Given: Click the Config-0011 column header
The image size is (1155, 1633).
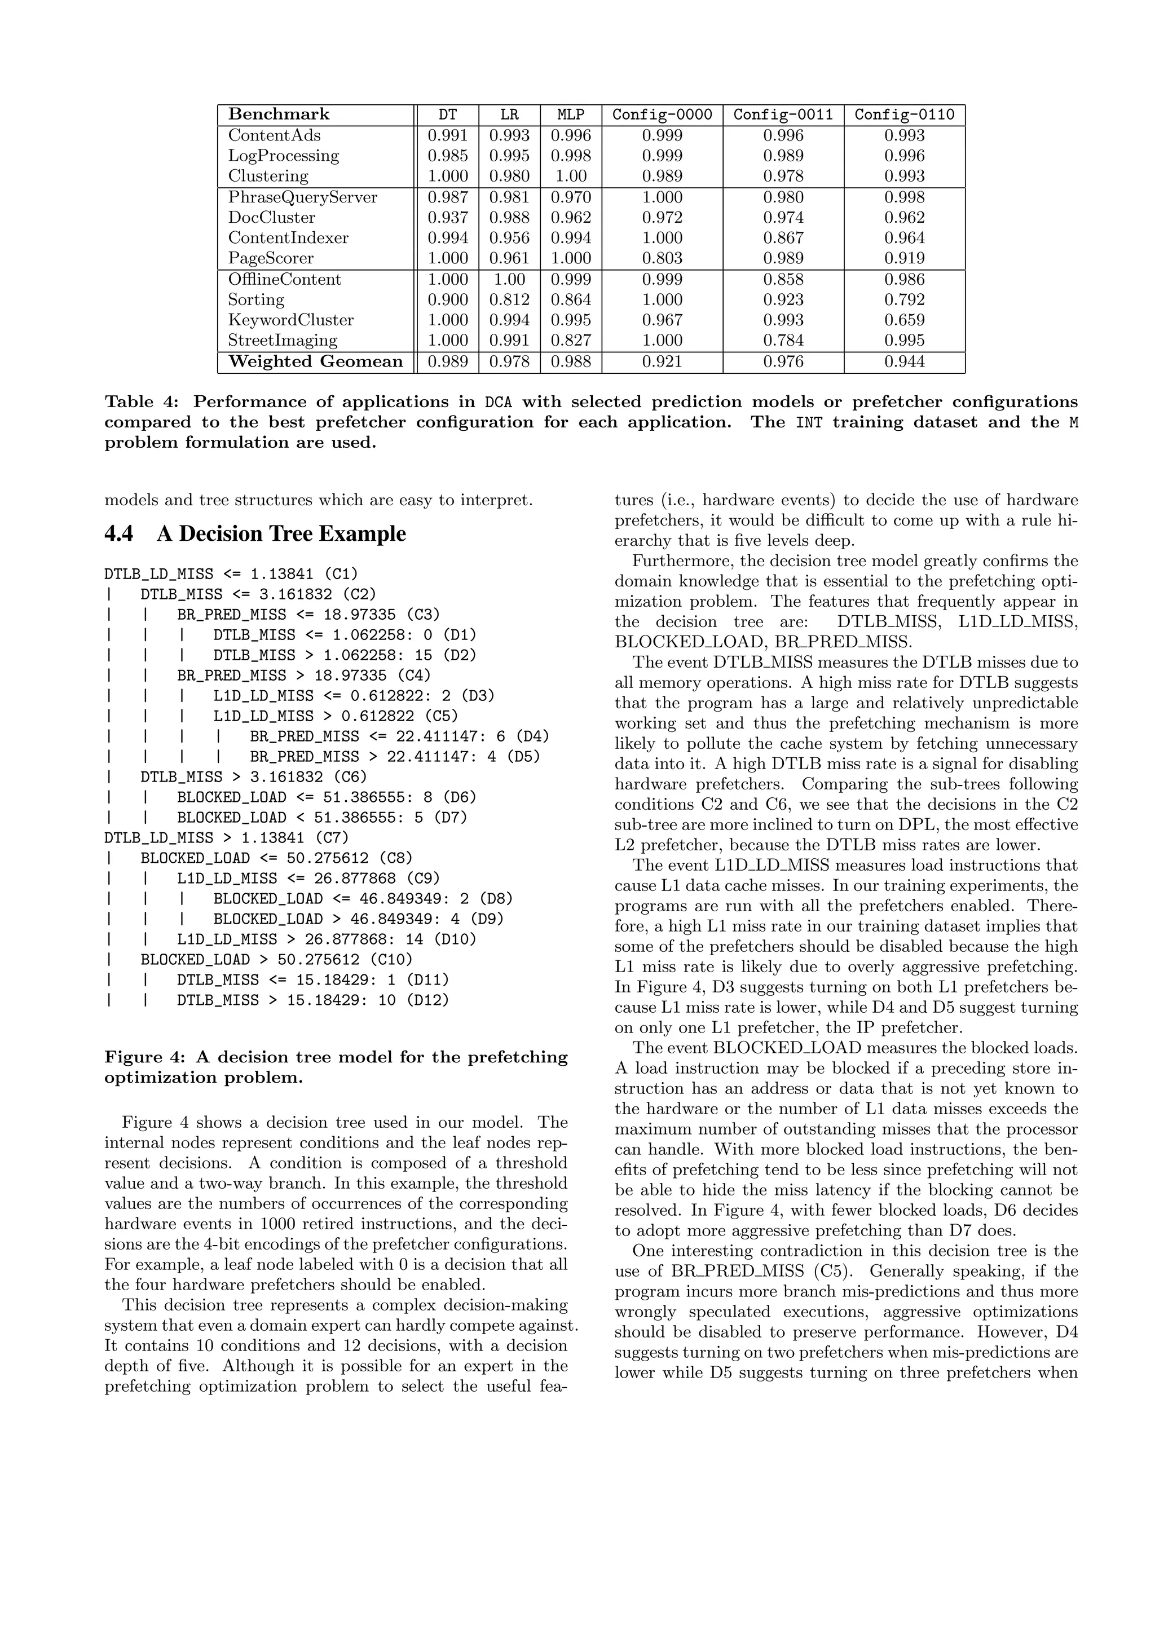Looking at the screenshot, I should (783, 115).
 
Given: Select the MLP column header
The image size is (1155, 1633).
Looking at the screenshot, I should (570, 115).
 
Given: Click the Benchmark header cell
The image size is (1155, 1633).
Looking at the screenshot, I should (279, 114).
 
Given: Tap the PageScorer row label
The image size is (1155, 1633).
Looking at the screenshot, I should (270, 258).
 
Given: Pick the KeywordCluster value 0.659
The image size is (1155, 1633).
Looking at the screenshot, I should (904, 320).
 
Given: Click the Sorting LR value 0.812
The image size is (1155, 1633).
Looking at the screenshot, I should (509, 299).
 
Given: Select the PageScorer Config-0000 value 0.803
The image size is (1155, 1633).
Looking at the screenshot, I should (662, 258).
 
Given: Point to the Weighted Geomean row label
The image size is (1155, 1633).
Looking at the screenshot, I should (315, 362).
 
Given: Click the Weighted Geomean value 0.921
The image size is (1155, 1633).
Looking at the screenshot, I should (662, 362).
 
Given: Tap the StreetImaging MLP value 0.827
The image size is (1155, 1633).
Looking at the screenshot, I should (570, 340).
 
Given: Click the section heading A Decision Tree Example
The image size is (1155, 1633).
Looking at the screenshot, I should (281, 533).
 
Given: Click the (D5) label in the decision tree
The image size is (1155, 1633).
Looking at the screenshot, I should (523, 757).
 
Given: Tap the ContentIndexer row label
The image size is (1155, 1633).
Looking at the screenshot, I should (288, 239).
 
